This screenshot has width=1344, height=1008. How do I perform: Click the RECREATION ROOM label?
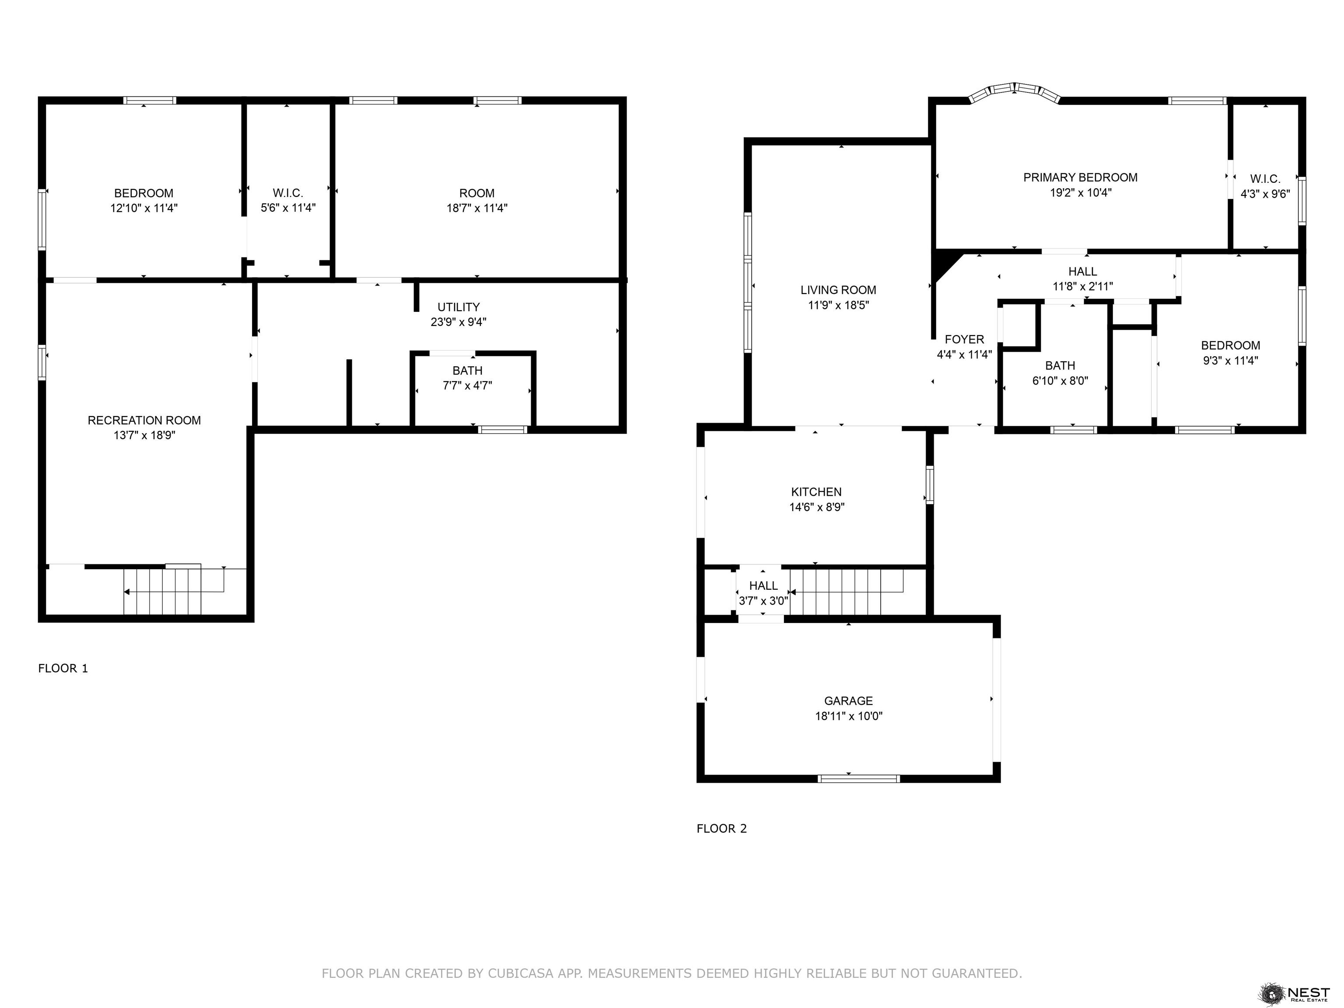[144, 420]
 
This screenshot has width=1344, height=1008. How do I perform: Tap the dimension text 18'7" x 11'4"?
[477, 208]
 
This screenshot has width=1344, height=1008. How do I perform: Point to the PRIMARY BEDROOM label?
[1080, 178]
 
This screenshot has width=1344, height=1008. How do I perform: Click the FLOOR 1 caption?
[63, 668]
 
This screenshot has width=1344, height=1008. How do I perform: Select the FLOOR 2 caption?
[722, 829]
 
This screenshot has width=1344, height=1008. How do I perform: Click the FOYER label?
[964, 339]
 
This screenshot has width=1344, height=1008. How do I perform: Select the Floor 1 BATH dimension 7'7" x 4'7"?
[467, 385]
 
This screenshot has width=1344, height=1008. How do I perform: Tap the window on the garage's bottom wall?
[858, 778]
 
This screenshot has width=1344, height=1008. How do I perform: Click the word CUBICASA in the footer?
[521, 973]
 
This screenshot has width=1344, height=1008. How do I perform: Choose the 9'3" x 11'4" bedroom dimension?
[1230, 360]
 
